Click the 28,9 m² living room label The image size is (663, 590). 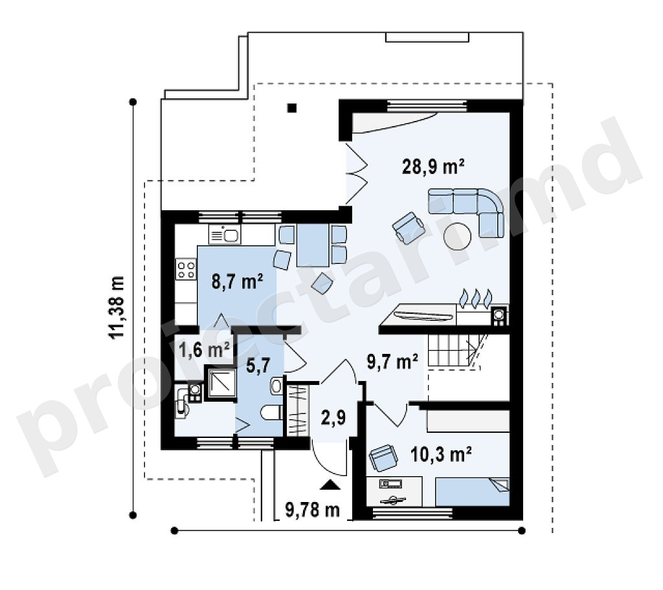click(433, 166)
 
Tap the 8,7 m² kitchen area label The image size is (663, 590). click(237, 281)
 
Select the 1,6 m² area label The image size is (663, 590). click(204, 350)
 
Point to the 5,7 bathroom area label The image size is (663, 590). click(258, 365)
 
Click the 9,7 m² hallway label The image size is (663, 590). click(392, 362)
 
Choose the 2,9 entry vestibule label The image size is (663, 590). click(333, 417)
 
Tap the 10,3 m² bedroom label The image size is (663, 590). click(441, 455)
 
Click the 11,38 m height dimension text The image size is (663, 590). click(117, 307)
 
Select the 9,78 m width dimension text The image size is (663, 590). click(313, 510)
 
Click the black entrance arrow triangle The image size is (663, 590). click(330, 485)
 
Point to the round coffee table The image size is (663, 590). click(457, 237)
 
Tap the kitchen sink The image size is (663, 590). click(225, 235)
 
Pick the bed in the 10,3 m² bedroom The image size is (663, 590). click(472, 492)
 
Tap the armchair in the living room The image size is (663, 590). click(409, 228)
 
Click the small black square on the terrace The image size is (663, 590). click(292, 108)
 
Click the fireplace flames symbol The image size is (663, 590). click(477, 298)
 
